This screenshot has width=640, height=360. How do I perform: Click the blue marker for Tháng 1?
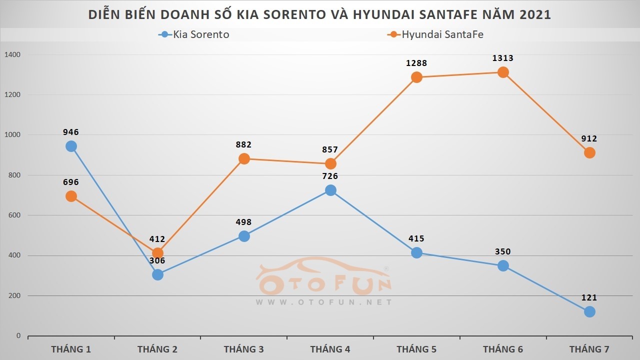(x=71, y=146)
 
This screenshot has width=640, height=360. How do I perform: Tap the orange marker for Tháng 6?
(x=503, y=72)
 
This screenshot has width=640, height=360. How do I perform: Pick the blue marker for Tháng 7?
(x=589, y=311)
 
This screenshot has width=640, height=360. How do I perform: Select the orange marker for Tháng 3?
(x=244, y=158)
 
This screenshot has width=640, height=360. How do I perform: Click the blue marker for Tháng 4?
(x=330, y=190)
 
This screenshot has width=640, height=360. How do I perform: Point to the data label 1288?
(x=416, y=63)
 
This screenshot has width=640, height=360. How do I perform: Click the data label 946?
(x=71, y=132)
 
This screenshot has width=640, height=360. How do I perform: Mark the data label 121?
(x=589, y=298)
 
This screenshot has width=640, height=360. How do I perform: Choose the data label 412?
(x=157, y=239)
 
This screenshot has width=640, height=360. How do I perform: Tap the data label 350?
(x=503, y=252)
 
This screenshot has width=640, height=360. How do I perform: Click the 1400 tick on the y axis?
(x=13, y=54)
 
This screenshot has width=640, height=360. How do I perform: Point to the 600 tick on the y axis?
(x=15, y=215)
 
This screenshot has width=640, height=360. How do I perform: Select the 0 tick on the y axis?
(x=18, y=336)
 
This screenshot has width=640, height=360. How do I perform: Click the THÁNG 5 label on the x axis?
(x=416, y=349)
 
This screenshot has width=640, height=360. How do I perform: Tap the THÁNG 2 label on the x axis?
(x=157, y=349)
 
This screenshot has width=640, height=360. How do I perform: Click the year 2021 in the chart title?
(x=535, y=14)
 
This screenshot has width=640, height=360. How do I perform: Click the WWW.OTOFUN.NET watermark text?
(x=324, y=302)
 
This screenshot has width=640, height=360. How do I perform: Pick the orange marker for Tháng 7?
(x=589, y=152)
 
